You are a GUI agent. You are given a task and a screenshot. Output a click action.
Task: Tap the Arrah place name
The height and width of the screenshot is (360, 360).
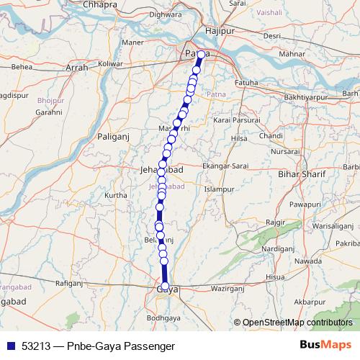click(x=76, y=67)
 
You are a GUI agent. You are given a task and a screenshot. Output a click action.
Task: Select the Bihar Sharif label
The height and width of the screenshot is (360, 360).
click(x=302, y=174)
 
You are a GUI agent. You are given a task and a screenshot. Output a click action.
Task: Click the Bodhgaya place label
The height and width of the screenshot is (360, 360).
click(x=163, y=316)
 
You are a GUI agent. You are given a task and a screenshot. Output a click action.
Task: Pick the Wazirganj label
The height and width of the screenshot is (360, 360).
click(x=228, y=288)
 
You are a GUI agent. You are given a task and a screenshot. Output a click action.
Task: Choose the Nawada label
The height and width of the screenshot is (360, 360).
click(x=308, y=260)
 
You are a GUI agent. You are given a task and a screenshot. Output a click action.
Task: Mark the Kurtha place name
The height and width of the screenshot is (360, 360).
click(x=116, y=194)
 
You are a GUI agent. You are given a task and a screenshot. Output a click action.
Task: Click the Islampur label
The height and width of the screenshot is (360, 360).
click(x=220, y=189)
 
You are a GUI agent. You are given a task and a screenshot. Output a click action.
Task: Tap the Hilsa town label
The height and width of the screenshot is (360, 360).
click(x=238, y=138)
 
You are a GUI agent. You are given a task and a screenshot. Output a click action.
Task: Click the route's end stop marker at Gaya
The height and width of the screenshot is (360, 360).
click(x=166, y=287)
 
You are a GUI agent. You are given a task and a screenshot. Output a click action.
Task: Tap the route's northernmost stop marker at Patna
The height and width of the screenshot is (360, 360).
click(x=200, y=54)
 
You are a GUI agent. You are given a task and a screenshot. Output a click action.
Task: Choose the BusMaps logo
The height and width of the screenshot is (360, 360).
click(x=326, y=345)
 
